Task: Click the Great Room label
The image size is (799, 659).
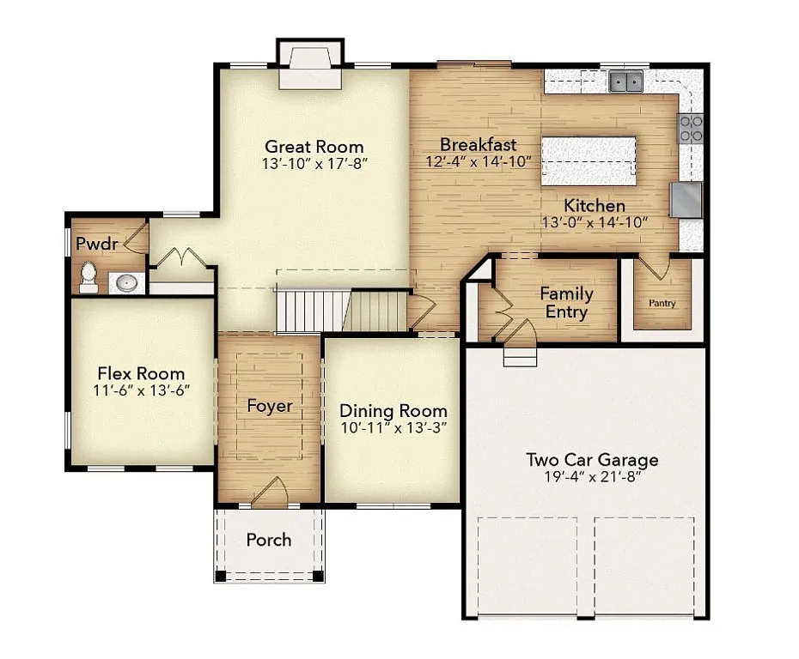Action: tap(314, 146)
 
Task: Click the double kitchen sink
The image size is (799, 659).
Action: tap(626, 82)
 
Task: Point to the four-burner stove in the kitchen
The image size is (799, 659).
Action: tap(691, 128)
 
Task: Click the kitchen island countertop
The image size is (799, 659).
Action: tap(589, 160)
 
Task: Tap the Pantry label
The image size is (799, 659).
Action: tap(662, 303)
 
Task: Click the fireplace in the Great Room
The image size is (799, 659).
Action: tap(309, 67)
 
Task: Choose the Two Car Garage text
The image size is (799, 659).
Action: tap(592, 459)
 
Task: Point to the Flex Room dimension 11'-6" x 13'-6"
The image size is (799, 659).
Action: tap(141, 390)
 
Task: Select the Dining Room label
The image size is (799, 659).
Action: tap(393, 410)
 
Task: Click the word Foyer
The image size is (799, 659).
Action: tap(270, 406)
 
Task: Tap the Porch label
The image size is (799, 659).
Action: tap(268, 540)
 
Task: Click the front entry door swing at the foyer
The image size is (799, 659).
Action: tap(271, 491)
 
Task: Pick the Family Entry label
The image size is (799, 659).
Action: tap(566, 302)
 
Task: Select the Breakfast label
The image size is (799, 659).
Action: tap(478, 144)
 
